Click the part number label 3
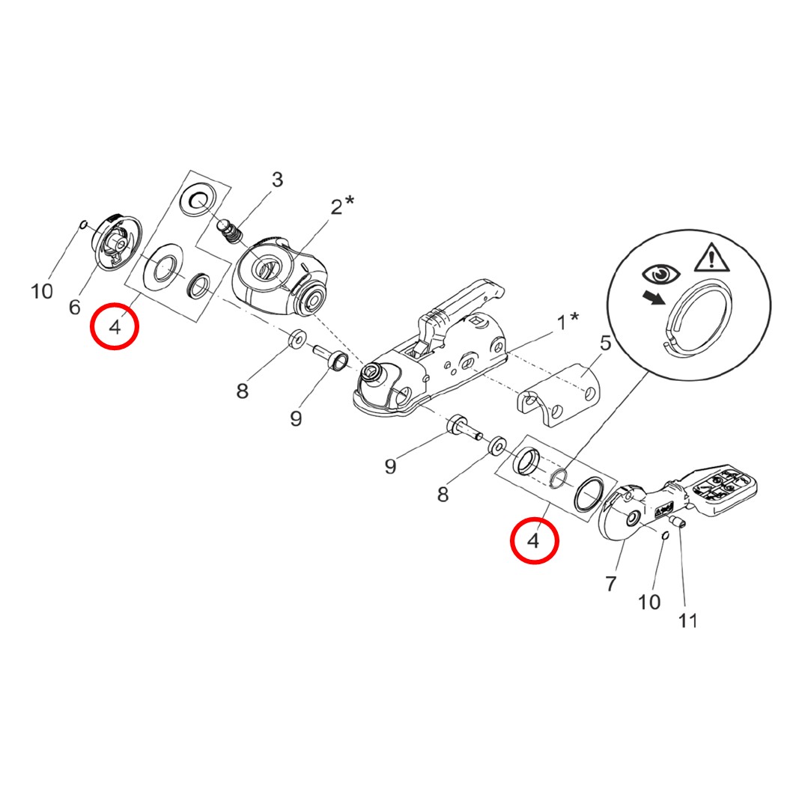tap(277, 180)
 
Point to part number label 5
tap(605, 344)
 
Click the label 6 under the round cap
tap(74, 306)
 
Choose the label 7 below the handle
tap(610, 583)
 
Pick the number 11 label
tap(687, 620)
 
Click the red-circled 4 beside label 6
tap(115, 327)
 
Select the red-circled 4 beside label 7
tap(534, 541)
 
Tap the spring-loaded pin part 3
tap(232, 230)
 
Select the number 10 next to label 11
tap(649, 601)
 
